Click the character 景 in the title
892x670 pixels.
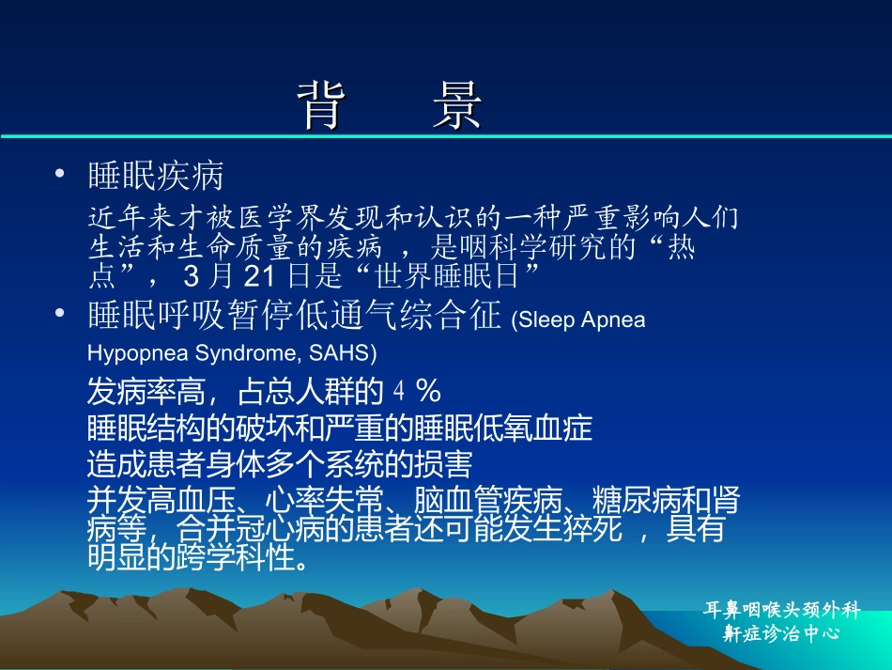point(457,104)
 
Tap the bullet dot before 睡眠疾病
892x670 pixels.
point(59,174)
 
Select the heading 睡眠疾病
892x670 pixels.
point(156,176)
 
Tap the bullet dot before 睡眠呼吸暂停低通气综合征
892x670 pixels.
point(59,314)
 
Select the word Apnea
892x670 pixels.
point(614,320)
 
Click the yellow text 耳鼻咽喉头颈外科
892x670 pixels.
point(781,610)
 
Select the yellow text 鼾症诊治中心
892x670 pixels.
point(780,633)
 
